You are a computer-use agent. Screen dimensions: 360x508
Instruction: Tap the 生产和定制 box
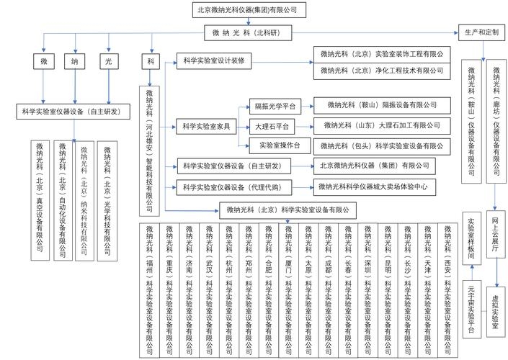pyautogui.click(x=478, y=33)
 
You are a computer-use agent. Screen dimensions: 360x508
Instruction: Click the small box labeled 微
pyautogui.click(x=44, y=61)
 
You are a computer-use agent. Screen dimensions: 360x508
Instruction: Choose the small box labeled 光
pyautogui.click(x=108, y=61)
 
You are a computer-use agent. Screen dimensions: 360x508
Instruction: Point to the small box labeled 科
pyautogui.click(x=151, y=61)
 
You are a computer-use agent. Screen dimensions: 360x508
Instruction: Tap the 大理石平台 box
pyautogui.click(x=272, y=125)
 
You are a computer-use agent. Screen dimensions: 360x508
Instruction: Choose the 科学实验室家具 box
pyautogui.click(x=206, y=126)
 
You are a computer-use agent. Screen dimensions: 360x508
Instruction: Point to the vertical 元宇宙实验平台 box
pyautogui.click(x=471, y=310)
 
